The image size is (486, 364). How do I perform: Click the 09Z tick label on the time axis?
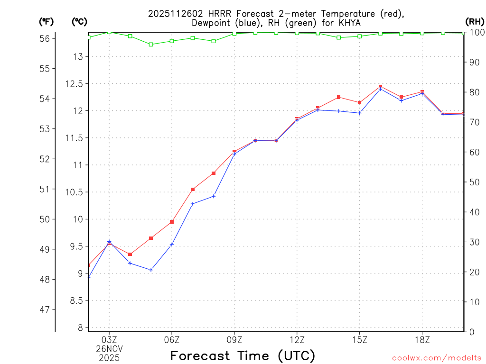coord(234,340)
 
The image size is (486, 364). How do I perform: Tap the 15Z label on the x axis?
coord(360,340)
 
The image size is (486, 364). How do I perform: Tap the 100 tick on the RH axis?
coord(477,32)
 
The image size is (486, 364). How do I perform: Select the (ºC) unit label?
coord(80,21)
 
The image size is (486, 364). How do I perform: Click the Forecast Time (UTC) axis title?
coord(243,355)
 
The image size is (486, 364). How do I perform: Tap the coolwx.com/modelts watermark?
coord(437,358)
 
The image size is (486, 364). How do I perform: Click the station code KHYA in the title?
coord(350,23)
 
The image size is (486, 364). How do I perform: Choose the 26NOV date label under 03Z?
coord(109,349)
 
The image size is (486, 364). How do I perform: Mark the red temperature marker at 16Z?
coord(381,87)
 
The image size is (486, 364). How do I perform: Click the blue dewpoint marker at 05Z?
coord(151,270)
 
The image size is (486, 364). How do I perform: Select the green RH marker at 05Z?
coord(151,45)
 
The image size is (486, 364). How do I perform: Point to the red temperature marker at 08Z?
coord(214,173)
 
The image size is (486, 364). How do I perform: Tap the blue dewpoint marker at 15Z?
coord(360,113)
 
